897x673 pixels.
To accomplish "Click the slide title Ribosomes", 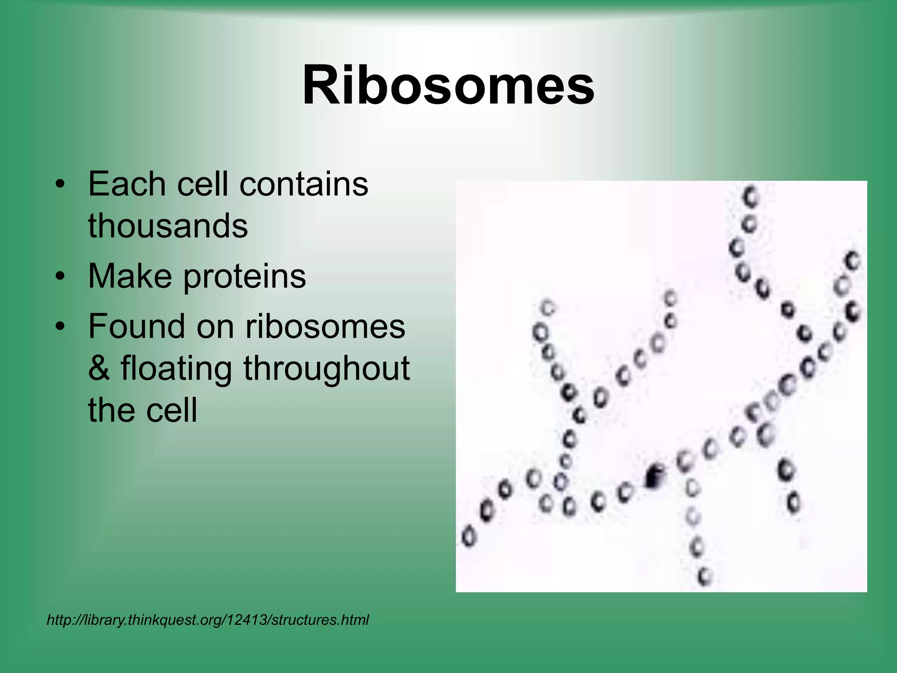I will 448,85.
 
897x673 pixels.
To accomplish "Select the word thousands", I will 168,226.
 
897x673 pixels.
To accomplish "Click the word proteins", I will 244,277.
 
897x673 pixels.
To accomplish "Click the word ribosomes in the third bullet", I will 325,327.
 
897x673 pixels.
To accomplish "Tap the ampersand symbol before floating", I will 99,368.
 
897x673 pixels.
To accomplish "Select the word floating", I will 176,368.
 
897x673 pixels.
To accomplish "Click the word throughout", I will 326,368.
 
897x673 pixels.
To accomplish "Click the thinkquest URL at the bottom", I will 208,620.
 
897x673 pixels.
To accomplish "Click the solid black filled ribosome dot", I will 653,477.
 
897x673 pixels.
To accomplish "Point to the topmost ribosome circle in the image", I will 751,197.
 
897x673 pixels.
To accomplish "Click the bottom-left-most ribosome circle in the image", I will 469,536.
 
